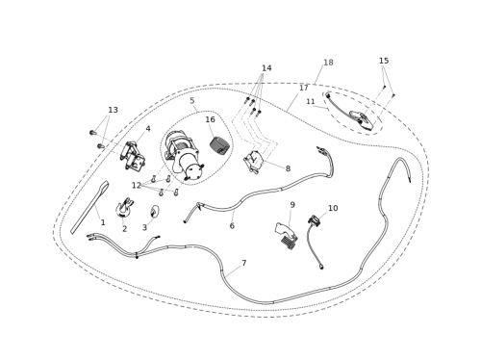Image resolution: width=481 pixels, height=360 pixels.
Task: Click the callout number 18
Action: tap(328, 63)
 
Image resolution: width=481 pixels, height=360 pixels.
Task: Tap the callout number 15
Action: tap(384, 61)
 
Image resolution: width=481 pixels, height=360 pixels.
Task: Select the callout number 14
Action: tap(266, 68)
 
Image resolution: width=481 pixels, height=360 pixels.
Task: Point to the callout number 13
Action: tap(113, 110)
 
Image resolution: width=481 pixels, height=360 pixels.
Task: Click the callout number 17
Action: tap(304, 88)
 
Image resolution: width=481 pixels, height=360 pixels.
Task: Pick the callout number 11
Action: tap(311, 101)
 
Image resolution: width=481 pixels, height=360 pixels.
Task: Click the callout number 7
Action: tap(244, 263)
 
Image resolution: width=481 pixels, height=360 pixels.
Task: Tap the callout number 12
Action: tap(137, 185)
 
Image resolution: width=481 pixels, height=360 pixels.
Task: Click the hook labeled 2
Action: tap(124, 207)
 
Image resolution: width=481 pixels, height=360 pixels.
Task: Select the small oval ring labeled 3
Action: tap(155, 211)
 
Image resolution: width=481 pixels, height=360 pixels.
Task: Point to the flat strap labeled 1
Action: tap(89, 208)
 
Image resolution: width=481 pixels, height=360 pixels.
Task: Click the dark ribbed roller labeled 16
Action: tap(219, 144)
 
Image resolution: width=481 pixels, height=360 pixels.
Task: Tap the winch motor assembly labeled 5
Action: tap(184, 157)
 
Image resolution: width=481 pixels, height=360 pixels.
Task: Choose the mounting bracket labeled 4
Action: tap(133, 158)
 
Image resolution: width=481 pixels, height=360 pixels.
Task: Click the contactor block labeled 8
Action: tap(253, 162)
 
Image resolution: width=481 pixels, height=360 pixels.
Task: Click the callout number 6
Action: tap(232, 226)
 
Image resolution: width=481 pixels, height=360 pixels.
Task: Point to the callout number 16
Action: tap(210, 119)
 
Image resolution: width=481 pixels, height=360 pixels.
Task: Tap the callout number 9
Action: tap(292, 205)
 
